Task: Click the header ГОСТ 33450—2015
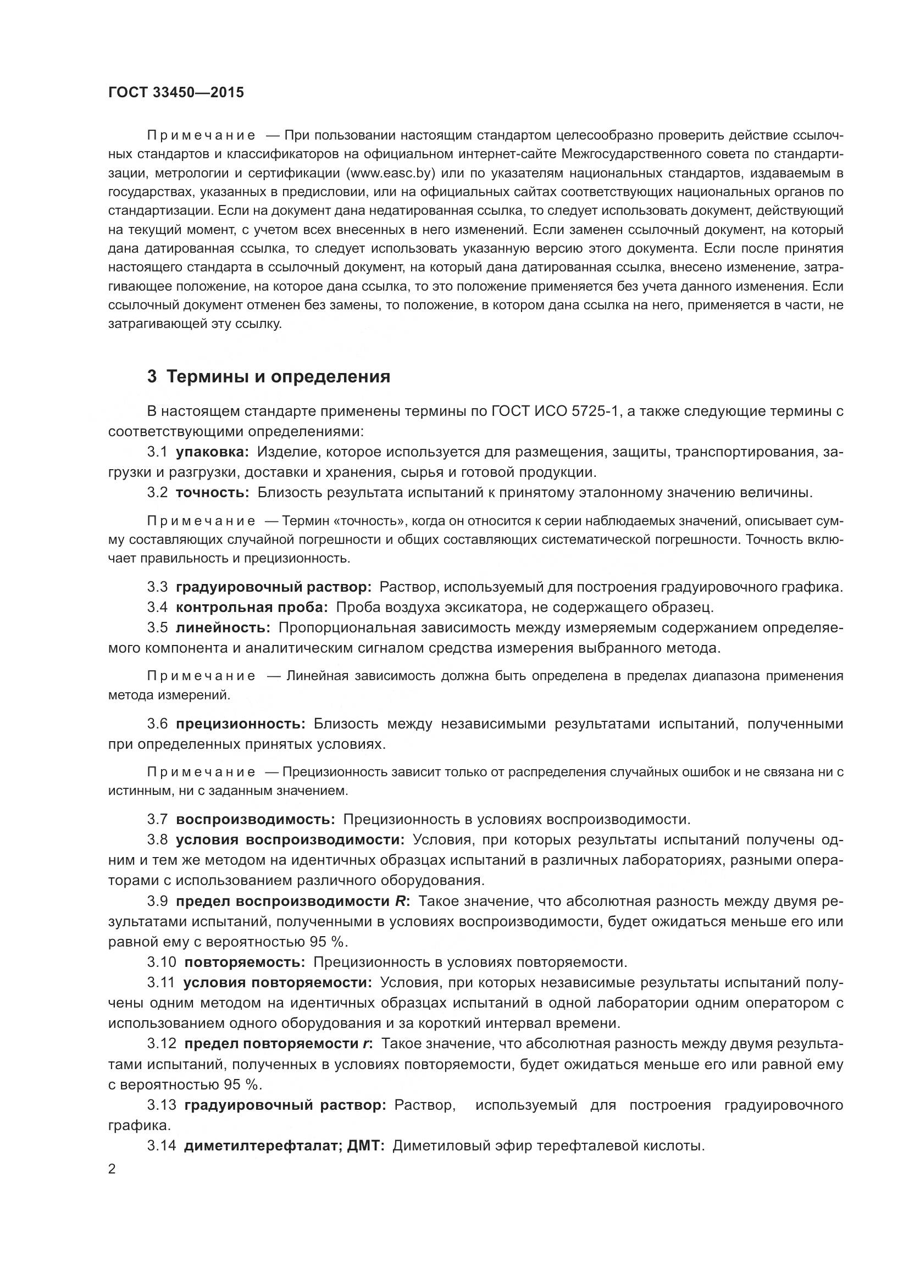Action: click(176, 93)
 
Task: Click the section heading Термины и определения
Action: click(278, 377)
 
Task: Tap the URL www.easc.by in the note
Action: click(391, 173)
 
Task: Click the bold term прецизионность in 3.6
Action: click(241, 724)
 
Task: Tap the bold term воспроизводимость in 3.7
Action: click(255, 819)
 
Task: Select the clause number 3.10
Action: click(161, 962)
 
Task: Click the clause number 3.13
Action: click(161, 1105)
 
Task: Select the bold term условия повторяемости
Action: click(277, 983)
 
